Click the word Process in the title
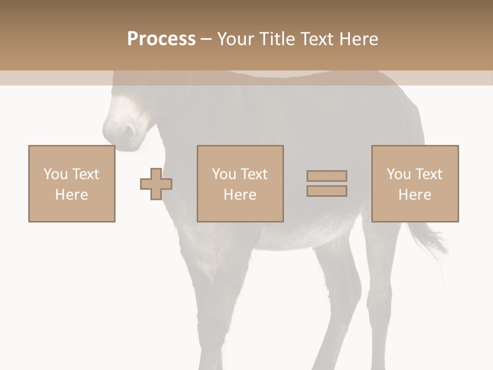(x=161, y=39)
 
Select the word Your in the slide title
(x=236, y=39)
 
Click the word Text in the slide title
(x=314, y=39)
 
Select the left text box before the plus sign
(x=71, y=183)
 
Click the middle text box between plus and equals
(x=240, y=183)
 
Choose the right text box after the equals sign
(x=414, y=183)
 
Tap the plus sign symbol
(x=156, y=183)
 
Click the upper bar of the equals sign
(x=327, y=176)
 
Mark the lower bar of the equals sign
(x=327, y=191)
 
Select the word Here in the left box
(x=71, y=195)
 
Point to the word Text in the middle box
(x=254, y=174)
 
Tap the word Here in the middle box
(x=240, y=195)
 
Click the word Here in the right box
(x=414, y=195)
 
